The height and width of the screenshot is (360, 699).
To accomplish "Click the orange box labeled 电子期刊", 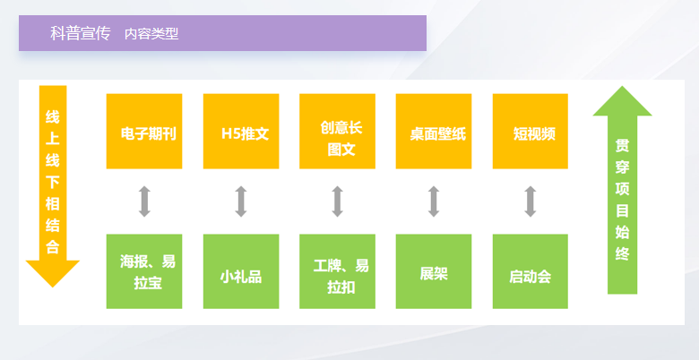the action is (144, 132).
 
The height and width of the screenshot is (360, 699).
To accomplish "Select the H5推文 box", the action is (241, 132).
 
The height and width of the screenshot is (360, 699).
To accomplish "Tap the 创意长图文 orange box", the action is (338, 132).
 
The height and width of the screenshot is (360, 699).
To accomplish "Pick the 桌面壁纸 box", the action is (434, 132).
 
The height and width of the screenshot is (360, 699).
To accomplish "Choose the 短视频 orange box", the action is (530, 132).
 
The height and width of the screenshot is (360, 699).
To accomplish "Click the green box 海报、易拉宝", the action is (144, 271).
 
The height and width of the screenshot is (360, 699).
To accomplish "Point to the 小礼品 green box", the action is (241, 271).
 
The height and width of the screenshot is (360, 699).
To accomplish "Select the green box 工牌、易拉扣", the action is (338, 271).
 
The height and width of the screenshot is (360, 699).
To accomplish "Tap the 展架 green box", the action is (434, 271).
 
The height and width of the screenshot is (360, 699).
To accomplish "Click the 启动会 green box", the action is (530, 271).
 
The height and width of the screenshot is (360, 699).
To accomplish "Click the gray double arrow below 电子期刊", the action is (144, 201).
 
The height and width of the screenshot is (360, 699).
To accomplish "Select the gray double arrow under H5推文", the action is (241, 201).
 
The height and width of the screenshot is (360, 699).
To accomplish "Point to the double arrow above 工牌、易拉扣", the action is (338, 201).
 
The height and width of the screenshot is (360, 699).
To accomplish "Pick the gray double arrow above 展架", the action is (434, 201).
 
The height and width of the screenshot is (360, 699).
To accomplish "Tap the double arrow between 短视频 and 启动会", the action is (530, 201).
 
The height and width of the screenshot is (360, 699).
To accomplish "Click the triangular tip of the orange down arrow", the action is (53, 287).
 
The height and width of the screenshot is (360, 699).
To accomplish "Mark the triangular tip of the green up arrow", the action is (622, 87).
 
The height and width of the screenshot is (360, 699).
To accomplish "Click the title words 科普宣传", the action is (81, 33).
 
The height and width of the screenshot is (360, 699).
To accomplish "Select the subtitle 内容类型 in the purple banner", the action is (151, 34).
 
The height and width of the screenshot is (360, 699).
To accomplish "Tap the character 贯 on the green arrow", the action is (622, 146).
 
